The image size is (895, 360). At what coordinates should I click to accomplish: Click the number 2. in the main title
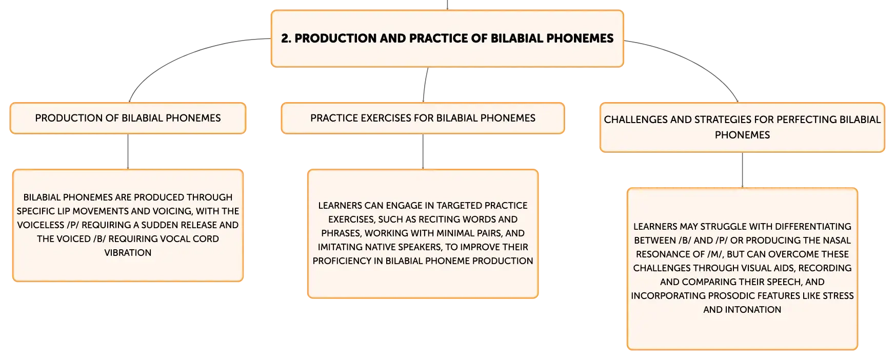[286, 38]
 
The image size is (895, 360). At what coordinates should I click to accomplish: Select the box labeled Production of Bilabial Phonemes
[128, 118]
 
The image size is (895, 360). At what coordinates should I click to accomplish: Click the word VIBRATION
[128, 253]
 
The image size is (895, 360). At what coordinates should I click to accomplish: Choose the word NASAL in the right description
[837, 241]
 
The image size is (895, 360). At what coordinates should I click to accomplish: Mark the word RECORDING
[825, 268]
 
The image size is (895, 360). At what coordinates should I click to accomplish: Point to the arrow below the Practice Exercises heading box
[423, 152]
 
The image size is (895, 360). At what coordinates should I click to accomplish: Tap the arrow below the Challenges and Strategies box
[742, 170]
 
